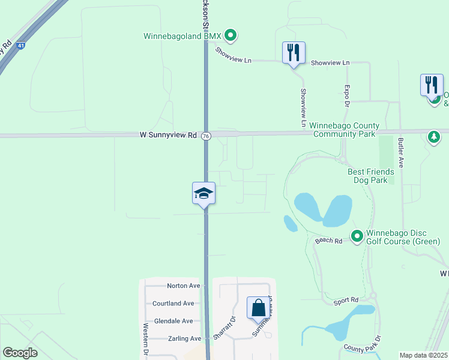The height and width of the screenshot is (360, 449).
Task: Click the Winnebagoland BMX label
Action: pyautogui.click(x=182, y=36)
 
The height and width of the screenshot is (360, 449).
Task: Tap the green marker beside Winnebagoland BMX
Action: pyautogui.click(x=231, y=35)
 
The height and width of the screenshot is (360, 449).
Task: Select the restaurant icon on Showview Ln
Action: pyautogui.click(x=294, y=53)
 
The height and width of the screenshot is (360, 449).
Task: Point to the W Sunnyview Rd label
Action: pyautogui.click(x=160, y=136)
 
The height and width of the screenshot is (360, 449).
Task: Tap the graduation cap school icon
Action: pyautogui.click(x=203, y=193)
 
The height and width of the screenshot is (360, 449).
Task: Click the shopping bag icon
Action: pyautogui.click(x=258, y=308)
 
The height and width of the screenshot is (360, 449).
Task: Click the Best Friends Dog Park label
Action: pyautogui.click(x=371, y=175)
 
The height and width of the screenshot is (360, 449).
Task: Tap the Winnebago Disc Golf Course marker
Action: pyautogui.click(x=357, y=235)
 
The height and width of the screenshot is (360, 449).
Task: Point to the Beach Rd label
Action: pyautogui.click(x=328, y=241)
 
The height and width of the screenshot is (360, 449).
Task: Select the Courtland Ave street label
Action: pyautogui.click(x=173, y=303)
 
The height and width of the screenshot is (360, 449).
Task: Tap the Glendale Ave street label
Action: pyautogui.click(x=173, y=321)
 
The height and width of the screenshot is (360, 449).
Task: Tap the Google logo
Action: pyautogui.click(x=20, y=352)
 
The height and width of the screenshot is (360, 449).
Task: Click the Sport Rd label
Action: pyautogui.click(x=346, y=300)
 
